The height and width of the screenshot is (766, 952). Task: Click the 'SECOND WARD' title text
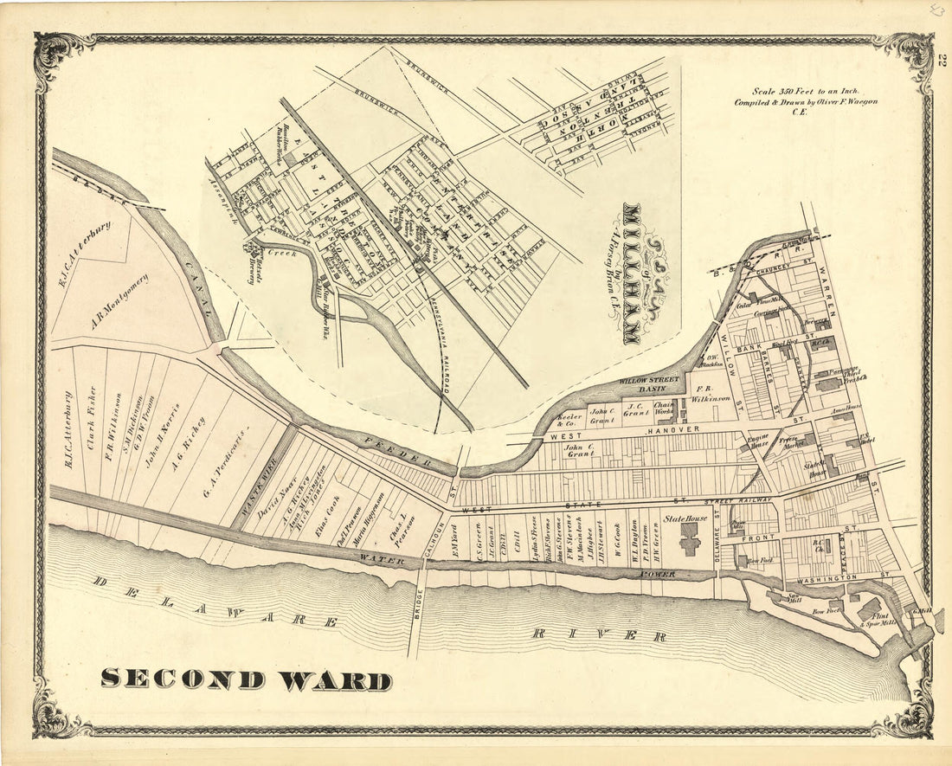(x=246, y=679)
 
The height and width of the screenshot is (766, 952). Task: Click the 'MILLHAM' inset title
(x=632, y=273)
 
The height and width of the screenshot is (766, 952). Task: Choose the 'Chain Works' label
(x=664, y=409)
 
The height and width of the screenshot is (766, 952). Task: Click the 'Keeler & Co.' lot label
(x=568, y=418)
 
